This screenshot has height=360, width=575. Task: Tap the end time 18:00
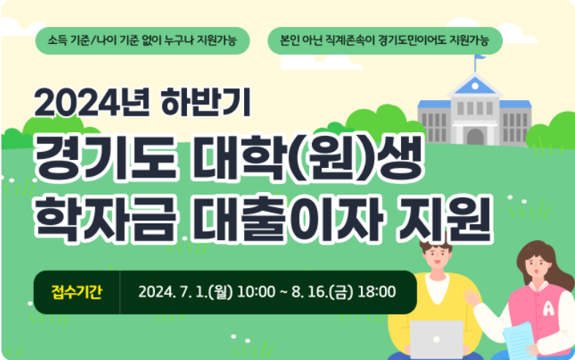coord(376,292)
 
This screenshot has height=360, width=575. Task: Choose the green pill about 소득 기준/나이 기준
coord(142,40)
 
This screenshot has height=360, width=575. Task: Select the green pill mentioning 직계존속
coord(385,40)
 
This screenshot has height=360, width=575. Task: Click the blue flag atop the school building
coord(480,58)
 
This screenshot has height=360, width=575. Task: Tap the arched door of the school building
coord(475,136)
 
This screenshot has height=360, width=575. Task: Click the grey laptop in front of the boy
coord(436,338)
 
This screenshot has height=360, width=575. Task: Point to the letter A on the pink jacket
coord(527,307)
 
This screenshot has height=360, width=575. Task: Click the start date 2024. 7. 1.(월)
coord(185,292)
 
